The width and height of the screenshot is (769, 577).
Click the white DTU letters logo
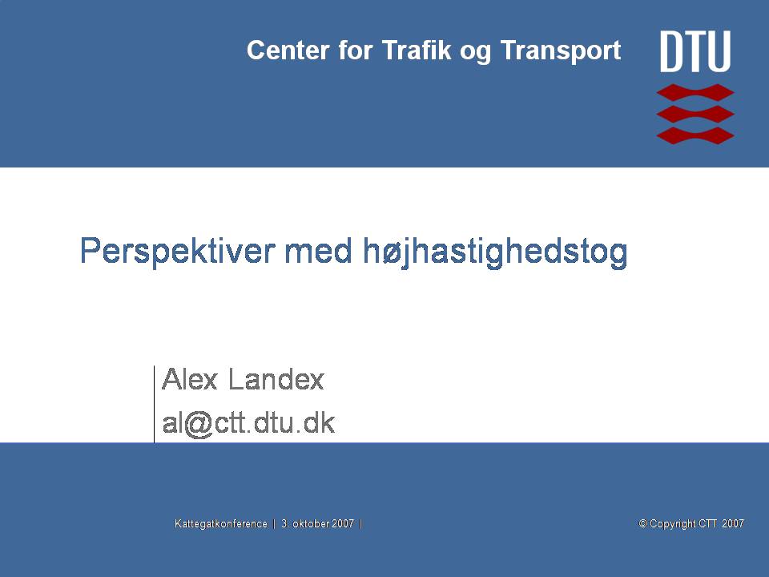pyautogui.click(x=695, y=51)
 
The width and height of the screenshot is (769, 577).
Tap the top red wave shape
pyautogui.click(x=695, y=92)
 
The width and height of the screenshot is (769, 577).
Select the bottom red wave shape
pyautogui.click(x=695, y=135)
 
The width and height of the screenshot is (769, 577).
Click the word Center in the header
pyautogui.click(x=288, y=50)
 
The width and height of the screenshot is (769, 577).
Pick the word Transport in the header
pyautogui.click(x=561, y=51)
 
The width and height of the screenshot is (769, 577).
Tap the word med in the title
pyautogui.click(x=318, y=250)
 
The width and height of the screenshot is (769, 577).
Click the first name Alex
pyautogui.click(x=189, y=379)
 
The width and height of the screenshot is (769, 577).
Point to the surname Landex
pyautogui.click(x=276, y=379)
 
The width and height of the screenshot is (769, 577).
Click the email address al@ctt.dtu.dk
pyautogui.click(x=248, y=423)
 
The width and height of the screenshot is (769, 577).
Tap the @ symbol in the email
pyautogui.click(x=199, y=425)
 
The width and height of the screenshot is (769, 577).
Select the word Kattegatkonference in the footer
pyautogui.click(x=221, y=523)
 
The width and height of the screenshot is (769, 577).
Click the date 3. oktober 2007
pyautogui.click(x=317, y=523)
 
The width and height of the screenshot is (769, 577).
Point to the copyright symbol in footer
pyautogui.click(x=642, y=523)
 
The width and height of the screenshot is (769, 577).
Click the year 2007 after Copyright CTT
pyautogui.click(x=733, y=523)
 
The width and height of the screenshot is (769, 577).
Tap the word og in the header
pyautogui.click(x=476, y=53)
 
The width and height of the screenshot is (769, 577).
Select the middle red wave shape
pyautogui.click(x=695, y=114)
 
